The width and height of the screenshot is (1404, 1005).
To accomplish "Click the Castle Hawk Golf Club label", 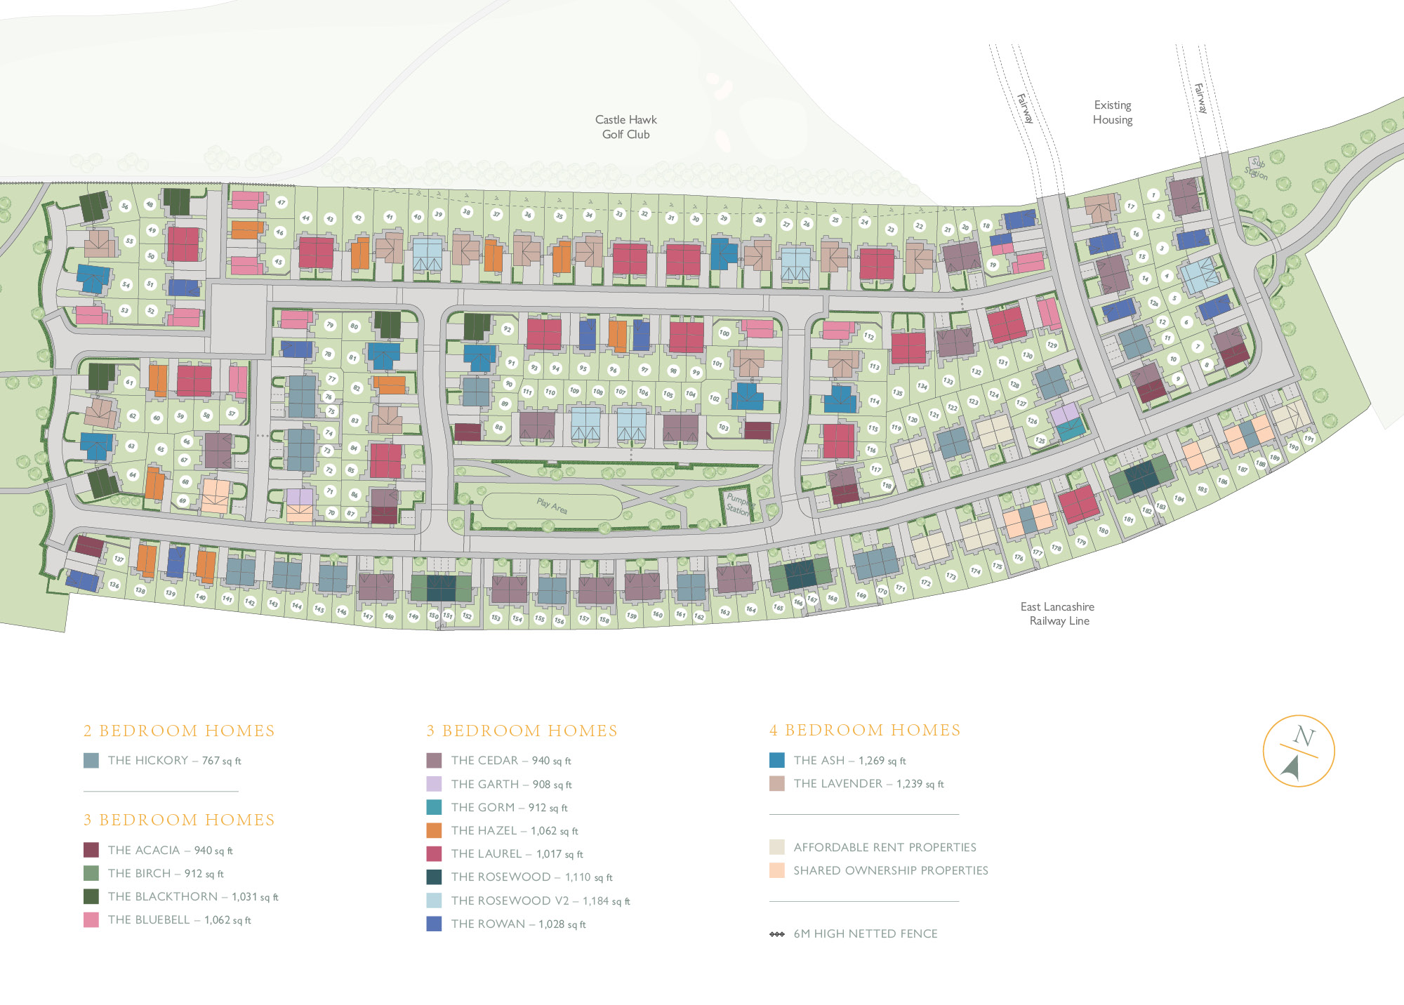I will click(x=625, y=127).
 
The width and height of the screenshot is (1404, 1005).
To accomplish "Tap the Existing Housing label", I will click(x=1112, y=112).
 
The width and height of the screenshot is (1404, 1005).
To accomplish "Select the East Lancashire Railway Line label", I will click(x=1058, y=613).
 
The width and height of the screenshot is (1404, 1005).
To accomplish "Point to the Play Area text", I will click(x=552, y=505).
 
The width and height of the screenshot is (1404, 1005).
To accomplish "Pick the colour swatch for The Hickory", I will click(x=91, y=761).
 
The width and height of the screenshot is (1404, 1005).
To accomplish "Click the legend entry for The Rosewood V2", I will click(x=541, y=900).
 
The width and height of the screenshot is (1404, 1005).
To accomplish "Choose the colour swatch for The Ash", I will click(x=777, y=760).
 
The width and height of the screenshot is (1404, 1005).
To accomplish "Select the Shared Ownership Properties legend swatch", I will click(x=777, y=870).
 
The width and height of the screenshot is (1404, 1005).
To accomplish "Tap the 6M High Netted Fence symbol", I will click(x=777, y=934).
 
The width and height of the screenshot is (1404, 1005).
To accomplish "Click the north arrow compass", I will click(x=1298, y=751).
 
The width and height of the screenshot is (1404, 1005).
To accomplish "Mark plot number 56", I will click(x=125, y=206).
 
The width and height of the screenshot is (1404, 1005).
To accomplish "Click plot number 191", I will click(x=1309, y=439).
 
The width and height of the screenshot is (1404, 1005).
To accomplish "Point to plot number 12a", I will click(x=1153, y=303).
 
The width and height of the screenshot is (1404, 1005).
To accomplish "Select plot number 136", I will click(x=114, y=585).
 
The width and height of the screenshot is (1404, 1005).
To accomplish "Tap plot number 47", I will click(x=282, y=202).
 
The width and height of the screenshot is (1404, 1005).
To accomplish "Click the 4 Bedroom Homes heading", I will click(x=865, y=731).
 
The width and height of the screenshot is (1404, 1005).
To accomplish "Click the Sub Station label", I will click(x=1257, y=168).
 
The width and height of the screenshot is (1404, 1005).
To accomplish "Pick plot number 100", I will click(x=724, y=333).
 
